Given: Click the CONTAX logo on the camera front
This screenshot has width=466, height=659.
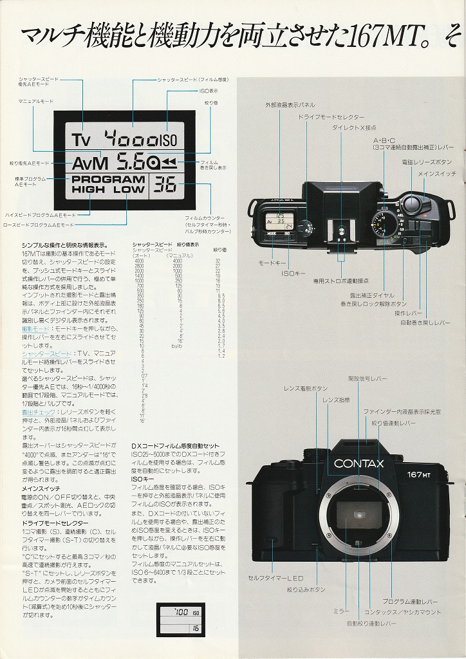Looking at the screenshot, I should pyautogui.click(x=359, y=463).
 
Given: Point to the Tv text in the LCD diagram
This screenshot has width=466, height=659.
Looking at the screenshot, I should pyautogui.click(x=83, y=139).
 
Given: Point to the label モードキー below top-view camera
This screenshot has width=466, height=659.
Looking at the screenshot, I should pyautogui.click(x=270, y=263).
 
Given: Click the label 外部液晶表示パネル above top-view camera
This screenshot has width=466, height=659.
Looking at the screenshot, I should pyautogui.click(x=290, y=104).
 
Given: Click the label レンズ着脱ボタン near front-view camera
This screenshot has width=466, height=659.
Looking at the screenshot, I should pyautogui.click(x=305, y=389).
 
